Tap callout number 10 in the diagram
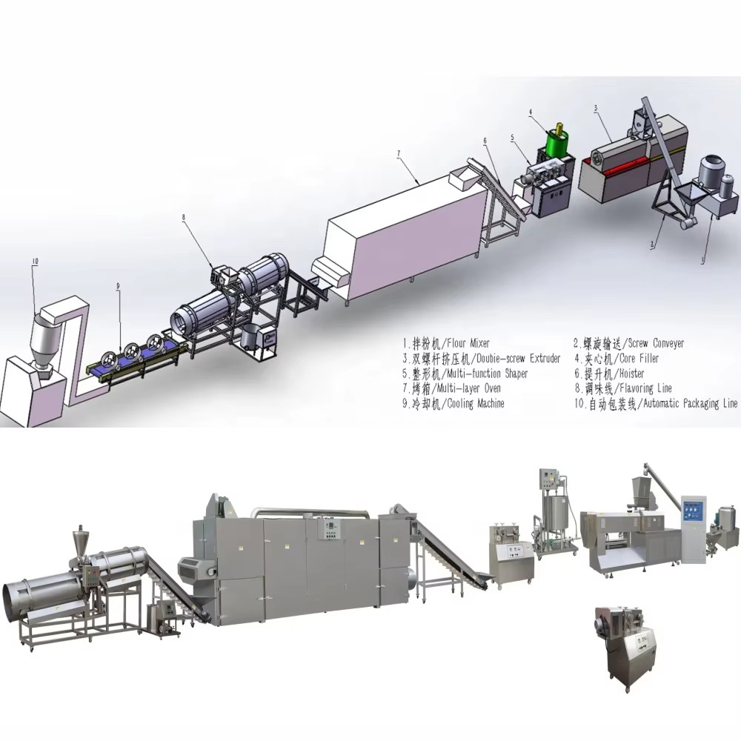tap(35, 262)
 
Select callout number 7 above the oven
tap(399, 153)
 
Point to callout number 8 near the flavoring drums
tap(183, 217)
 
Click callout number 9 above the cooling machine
tap(118, 285)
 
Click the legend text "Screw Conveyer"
tap(656, 343)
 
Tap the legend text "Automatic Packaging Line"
tap(690, 404)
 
